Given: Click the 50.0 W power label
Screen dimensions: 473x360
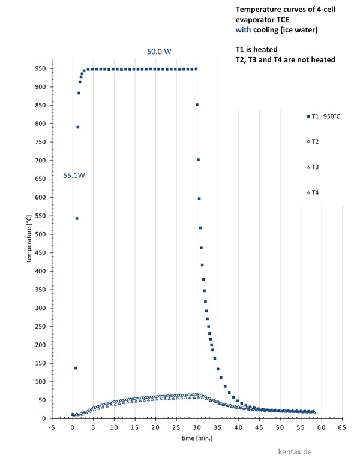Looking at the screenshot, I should [x=159, y=52].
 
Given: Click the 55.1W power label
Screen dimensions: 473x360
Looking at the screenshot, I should [x=74, y=176].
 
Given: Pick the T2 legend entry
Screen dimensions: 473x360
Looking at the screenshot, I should [x=315, y=141].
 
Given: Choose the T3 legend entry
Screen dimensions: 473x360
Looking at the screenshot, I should [x=315, y=167].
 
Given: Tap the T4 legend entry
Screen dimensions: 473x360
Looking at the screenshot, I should [x=315, y=192].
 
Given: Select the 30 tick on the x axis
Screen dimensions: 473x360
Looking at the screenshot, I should [x=197, y=427].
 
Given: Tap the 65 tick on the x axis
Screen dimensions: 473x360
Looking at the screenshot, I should [x=342, y=427].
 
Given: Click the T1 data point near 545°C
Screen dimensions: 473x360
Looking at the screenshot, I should [x=77, y=218].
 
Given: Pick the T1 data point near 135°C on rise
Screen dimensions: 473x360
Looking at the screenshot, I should [x=75, y=368].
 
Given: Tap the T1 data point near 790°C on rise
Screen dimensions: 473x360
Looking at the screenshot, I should [x=77, y=127].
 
